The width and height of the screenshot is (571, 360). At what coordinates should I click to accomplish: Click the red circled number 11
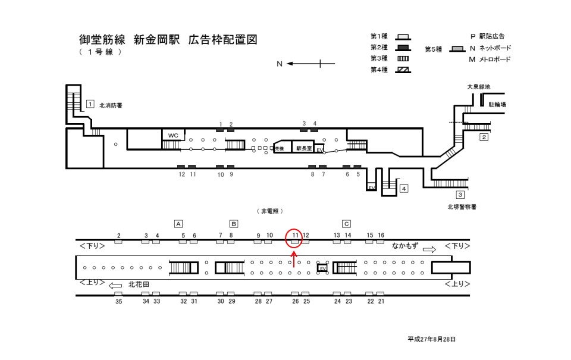click(294, 236)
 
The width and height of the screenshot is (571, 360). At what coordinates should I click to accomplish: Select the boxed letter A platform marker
click(178, 224)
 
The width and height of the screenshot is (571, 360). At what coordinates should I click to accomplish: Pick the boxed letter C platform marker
click(346, 224)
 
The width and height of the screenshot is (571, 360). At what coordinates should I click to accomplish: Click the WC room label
click(173, 135)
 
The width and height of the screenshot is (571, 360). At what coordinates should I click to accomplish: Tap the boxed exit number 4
click(404, 189)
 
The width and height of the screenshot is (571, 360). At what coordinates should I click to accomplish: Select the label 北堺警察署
click(462, 207)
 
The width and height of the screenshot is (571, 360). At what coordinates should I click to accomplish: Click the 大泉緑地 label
click(478, 87)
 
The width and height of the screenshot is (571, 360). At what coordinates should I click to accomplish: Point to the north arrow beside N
click(310, 64)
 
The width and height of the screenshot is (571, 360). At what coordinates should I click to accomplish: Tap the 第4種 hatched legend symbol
click(404, 70)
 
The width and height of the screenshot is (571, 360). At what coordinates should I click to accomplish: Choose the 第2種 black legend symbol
click(404, 48)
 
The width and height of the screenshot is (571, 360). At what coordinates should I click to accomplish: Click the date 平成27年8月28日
click(431, 339)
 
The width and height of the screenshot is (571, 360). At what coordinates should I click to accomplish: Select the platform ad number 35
click(118, 302)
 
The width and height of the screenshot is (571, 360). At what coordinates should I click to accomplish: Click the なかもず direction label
click(405, 245)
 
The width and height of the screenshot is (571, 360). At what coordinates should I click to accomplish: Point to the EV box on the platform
click(323, 268)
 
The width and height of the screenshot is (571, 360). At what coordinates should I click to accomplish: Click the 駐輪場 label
click(497, 104)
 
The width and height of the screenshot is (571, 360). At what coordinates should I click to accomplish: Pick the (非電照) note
click(269, 211)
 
